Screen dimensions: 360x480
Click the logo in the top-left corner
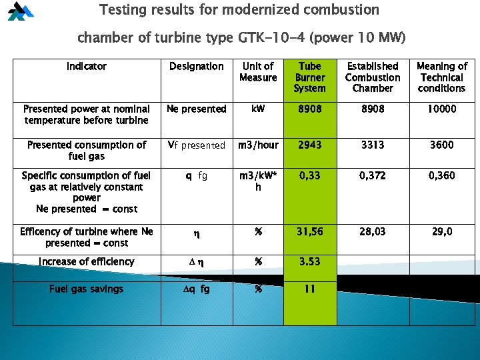(x=19, y=12)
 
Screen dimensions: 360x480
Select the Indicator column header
(x=87, y=67)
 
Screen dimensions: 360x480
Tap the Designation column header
(x=197, y=67)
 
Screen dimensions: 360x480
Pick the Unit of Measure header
(x=258, y=72)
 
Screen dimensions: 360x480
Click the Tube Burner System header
(x=310, y=77)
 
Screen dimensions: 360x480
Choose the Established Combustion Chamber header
(x=373, y=77)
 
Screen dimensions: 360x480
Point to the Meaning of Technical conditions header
(x=441, y=77)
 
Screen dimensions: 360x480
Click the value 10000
(x=441, y=109)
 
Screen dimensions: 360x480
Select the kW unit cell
(x=258, y=109)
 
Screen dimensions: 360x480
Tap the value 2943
(x=310, y=145)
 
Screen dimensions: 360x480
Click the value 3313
(x=372, y=145)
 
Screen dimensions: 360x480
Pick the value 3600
(x=441, y=145)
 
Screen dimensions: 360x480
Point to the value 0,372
(x=372, y=175)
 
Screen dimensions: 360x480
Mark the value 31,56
(x=310, y=231)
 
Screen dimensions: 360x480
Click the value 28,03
(x=372, y=231)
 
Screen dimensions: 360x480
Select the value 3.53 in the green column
(x=310, y=261)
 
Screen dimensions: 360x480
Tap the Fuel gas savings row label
(x=87, y=289)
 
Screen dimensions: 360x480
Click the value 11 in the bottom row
(x=310, y=289)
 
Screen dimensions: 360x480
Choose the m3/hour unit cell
(x=258, y=145)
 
